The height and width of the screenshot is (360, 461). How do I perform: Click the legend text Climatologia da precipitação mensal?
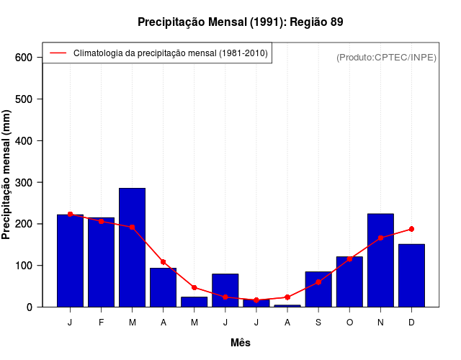coord(171,53)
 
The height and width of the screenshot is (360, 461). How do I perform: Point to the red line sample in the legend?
coord(58,53)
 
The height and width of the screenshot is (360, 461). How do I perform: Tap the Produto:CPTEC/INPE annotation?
coord(386,57)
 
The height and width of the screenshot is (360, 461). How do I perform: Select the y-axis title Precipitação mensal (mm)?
coord(7,175)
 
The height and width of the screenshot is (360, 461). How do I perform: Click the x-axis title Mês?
coord(241,343)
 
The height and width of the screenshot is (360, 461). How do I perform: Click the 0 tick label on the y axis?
coord(30,307)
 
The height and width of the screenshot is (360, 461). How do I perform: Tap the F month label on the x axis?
coord(101,323)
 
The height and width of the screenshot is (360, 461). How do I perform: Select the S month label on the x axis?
coord(318,323)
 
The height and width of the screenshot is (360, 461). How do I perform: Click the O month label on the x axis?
coord(349,323)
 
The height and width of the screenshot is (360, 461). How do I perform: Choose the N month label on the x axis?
coord(380,323)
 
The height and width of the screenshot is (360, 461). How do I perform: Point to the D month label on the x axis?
coord(411,323)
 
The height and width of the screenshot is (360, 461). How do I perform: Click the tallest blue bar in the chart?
coord(132,248)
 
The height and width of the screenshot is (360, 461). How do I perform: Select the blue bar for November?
coord(380,260)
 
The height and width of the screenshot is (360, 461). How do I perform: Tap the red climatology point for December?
coord(411,229)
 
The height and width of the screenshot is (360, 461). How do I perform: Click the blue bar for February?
coord(101,262)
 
